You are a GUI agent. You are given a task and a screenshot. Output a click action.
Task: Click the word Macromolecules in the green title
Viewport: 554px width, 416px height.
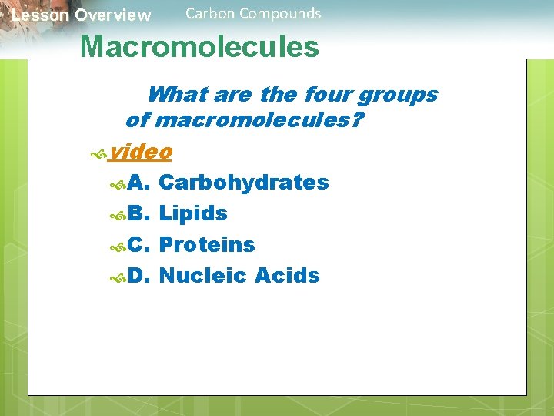(x=199, y=47)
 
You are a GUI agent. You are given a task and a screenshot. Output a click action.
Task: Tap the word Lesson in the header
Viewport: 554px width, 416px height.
(x=38, y=15)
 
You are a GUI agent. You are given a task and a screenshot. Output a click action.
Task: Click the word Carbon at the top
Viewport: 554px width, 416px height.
(x=210, y=13)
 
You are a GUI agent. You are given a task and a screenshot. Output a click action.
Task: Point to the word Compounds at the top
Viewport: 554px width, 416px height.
(x=280, y=13)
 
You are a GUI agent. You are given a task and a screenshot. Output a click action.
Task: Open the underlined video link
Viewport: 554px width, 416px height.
(x=140, y=152)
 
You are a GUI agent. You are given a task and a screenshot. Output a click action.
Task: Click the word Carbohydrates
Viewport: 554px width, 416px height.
(x=243, y=183)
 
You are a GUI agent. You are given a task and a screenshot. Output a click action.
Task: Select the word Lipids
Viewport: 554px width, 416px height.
(x=192, y=213)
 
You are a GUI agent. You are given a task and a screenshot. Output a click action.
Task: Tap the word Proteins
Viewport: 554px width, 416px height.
(x=206, y=245)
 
